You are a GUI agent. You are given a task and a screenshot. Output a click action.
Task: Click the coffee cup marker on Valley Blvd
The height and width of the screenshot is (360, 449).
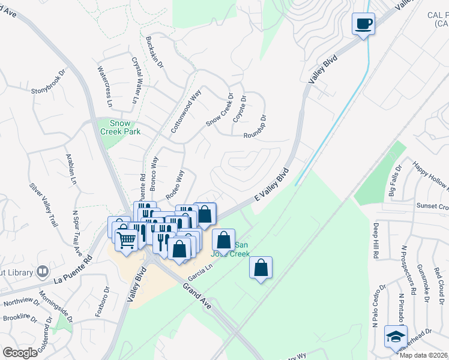[363, 24]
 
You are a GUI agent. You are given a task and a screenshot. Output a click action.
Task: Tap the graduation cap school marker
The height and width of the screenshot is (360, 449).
[396, 336]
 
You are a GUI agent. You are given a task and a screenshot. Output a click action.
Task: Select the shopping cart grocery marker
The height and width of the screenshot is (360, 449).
[126, 239]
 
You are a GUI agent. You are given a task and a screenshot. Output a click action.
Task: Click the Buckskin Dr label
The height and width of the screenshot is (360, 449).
[154, 52]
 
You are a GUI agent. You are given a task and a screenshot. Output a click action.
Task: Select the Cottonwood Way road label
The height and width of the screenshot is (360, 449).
[185, 112]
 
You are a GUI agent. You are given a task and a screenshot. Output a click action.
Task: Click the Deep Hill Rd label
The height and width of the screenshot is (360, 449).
[376, 240]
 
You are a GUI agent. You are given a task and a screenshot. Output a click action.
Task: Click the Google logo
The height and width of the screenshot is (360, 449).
[20, 353]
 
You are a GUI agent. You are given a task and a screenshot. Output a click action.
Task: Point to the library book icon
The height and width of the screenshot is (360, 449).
[42, 272]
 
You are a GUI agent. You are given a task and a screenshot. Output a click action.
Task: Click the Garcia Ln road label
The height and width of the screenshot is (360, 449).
[201, 275]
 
